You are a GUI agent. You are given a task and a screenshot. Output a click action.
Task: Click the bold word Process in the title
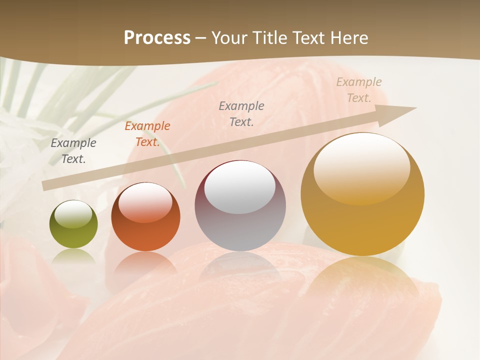[157, 38]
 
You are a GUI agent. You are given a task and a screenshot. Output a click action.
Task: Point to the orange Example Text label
[147, 134]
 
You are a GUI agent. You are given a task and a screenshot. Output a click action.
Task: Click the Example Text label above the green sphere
[73, 151]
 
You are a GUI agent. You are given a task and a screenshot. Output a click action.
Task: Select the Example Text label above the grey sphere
[241, 113]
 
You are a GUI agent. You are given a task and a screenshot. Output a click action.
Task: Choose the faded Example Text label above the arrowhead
[359, 90]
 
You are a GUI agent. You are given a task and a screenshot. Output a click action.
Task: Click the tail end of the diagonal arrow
[45, 186]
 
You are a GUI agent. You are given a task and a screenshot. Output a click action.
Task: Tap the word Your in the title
[228, 38]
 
